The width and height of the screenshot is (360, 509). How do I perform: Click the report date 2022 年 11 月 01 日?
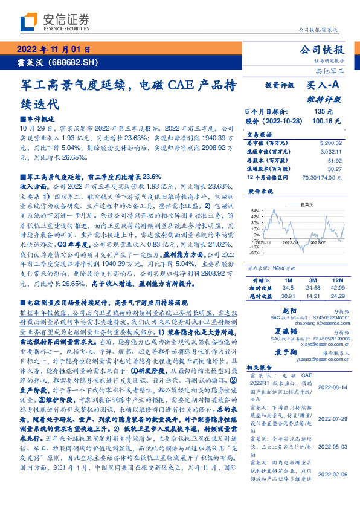point(54,50)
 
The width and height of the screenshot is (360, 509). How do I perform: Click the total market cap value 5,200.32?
point(330,143)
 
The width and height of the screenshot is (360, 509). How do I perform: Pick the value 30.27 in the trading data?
point(335,169)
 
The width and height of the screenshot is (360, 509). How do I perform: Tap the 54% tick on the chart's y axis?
point(255,210)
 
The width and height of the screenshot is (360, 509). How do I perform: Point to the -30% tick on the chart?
point(254,253)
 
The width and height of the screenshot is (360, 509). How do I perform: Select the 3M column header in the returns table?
point(312,281)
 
